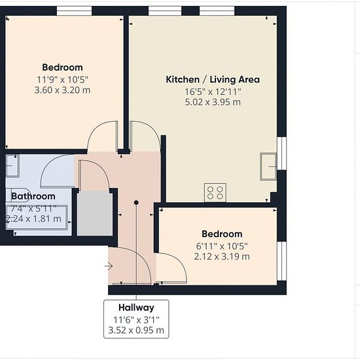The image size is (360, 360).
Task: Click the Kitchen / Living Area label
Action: [x=213, y=79]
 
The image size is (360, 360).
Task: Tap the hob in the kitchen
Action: [x=215, y=192]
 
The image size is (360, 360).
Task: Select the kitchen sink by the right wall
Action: [x=268, y=166]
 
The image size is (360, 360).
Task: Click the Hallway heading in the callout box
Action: [x=136, y=308]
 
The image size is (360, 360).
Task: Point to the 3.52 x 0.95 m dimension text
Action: [x=136, y=331]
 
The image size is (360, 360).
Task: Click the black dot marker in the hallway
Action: [x=136, y=202]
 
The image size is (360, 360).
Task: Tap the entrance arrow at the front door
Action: [x=109, y=266]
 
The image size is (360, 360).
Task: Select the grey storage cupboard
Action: [x=95, y=213]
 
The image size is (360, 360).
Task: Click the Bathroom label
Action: [x=33, y=196]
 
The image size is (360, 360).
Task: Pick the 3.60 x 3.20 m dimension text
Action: [x=62, y=90]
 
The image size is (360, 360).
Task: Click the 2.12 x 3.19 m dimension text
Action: [x=222, y=257]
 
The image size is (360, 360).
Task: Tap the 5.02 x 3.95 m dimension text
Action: [x=213, y=102]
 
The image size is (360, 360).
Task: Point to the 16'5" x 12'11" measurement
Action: [x=213, y=92]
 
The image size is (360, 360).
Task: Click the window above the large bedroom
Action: [x=74, y=10]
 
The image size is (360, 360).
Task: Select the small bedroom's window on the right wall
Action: [x=281, y=261]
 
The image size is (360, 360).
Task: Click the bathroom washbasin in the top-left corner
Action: [x=12, y=166]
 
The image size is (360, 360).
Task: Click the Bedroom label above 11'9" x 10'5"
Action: [x=62, y=67]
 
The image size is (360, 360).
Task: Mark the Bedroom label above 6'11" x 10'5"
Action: [x=222, y=234]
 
